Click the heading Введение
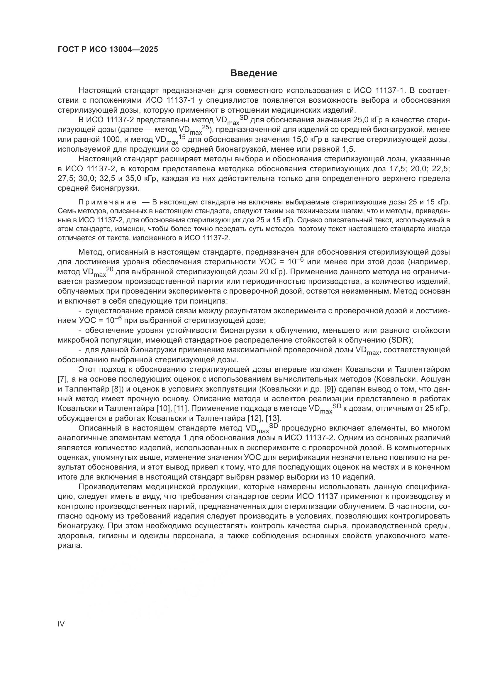(254, 73)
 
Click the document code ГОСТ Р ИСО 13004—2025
(108, 50)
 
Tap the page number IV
(61, 624)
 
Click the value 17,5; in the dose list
(398, 169)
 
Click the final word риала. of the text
(69, 545)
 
